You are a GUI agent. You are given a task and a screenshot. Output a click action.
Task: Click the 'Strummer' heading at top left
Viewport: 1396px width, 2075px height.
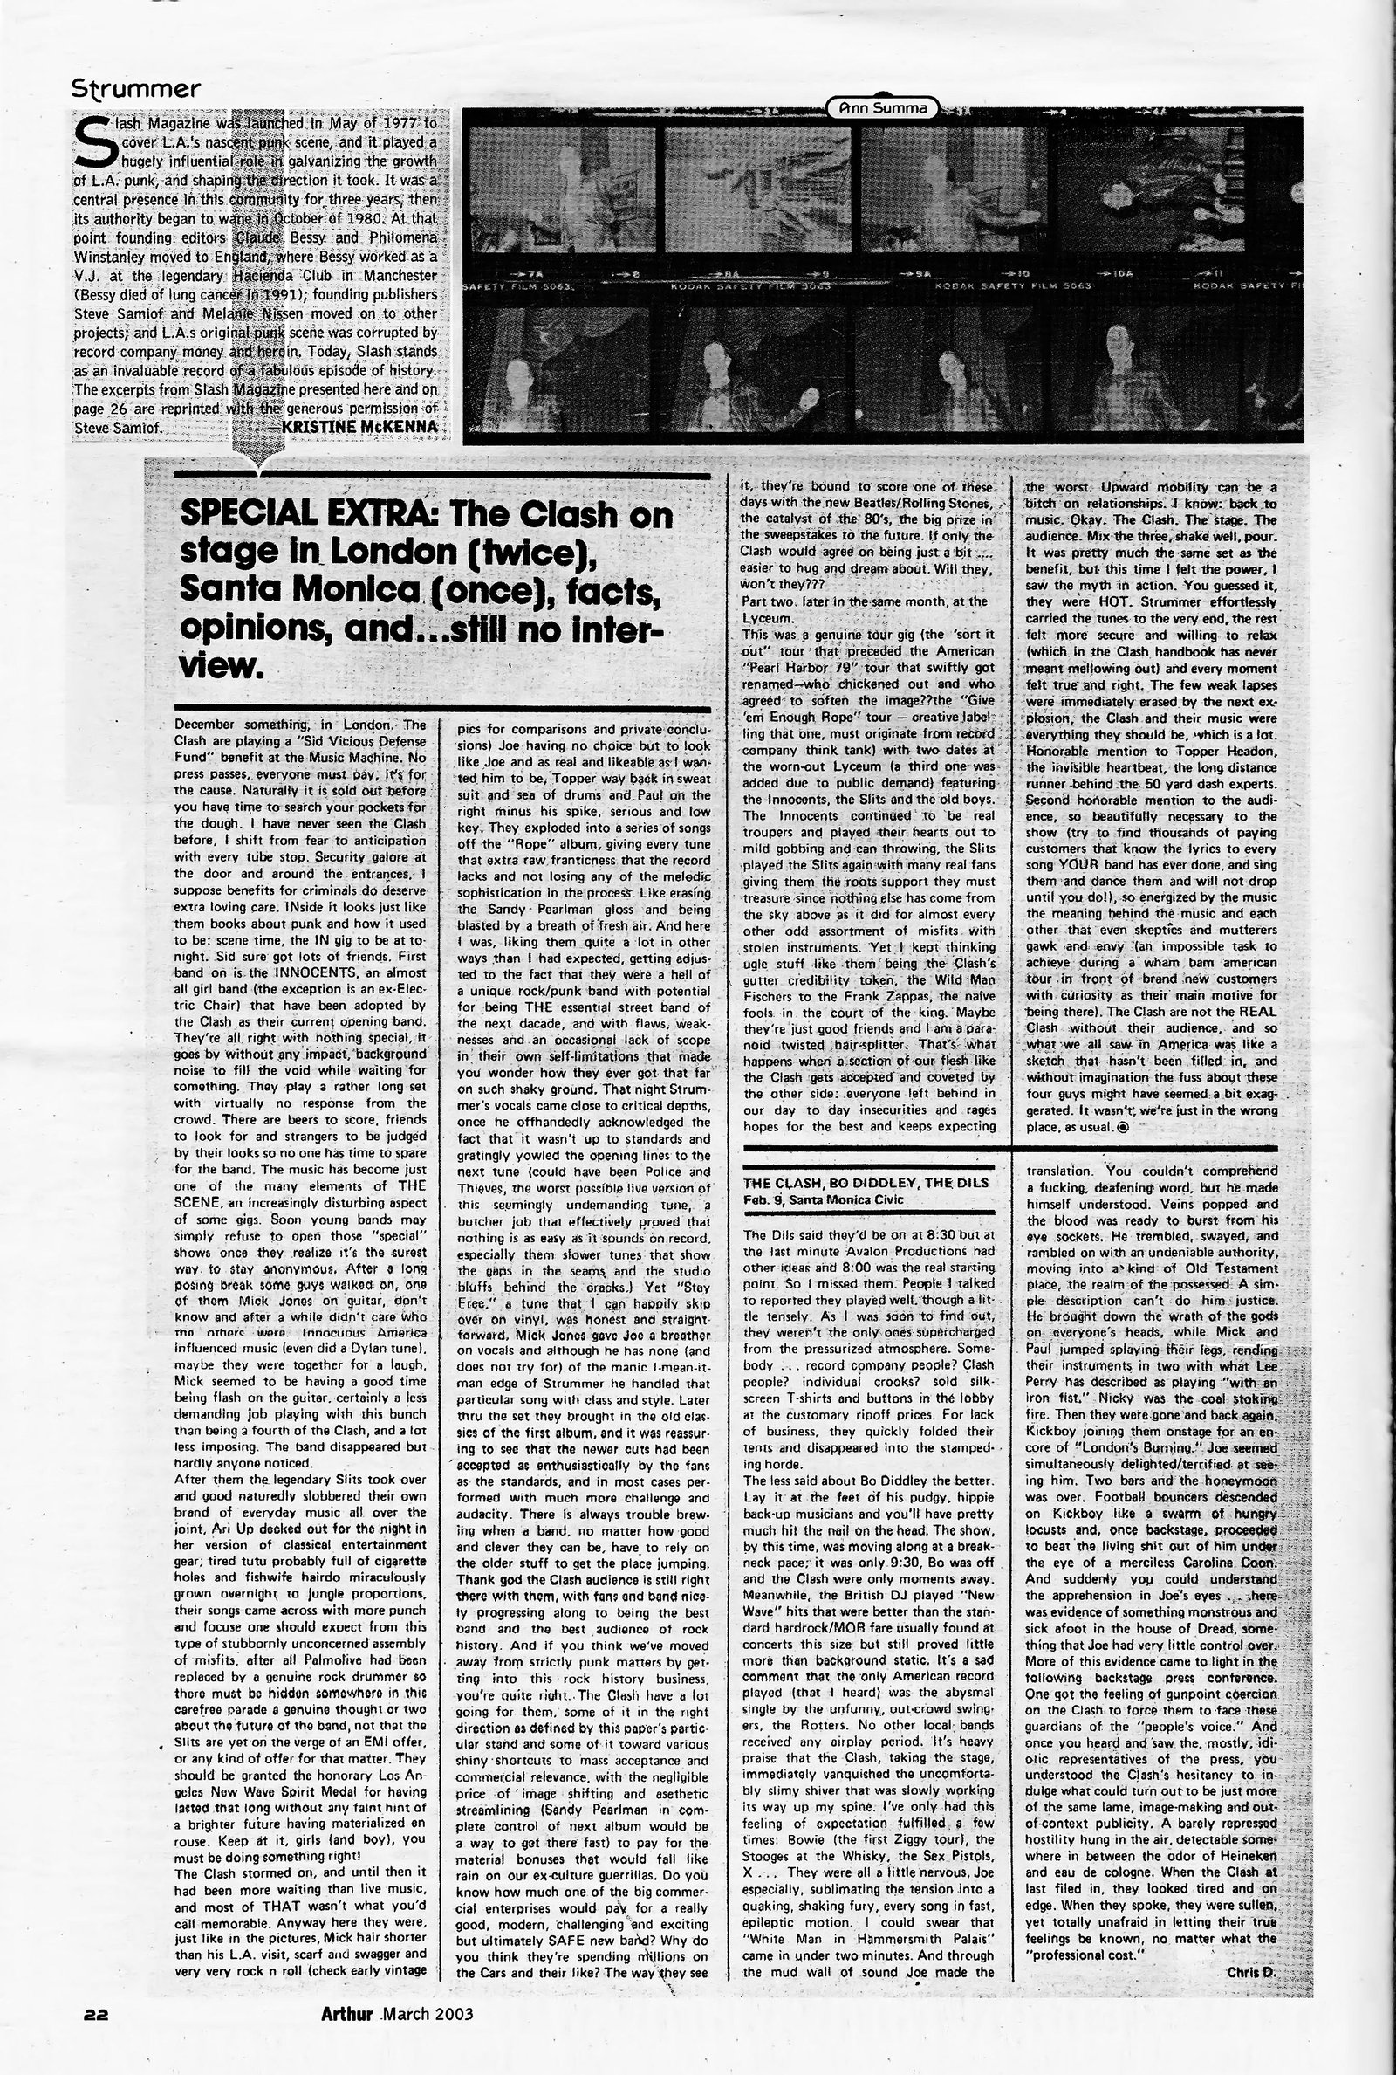coord(135,89)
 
